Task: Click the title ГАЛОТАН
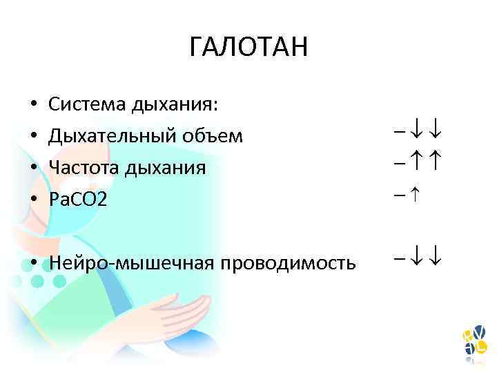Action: click(248, 48)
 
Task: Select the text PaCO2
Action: click(78, 200)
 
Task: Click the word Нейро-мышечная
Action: click(127, 263)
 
